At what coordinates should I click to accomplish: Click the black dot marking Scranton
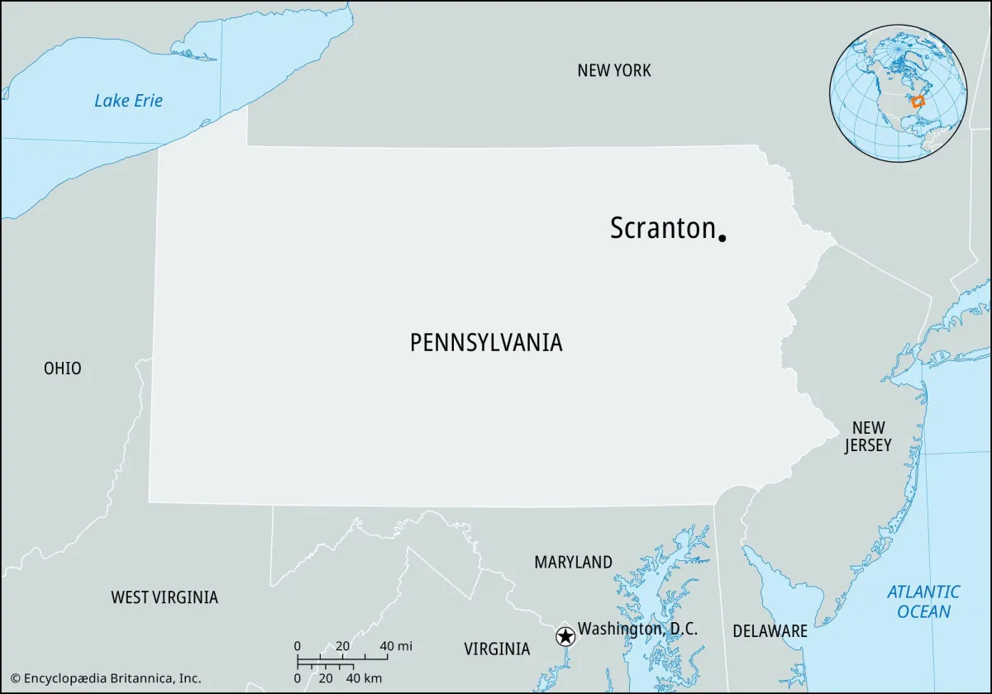tap(722, 238)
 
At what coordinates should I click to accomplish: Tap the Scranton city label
tap(662, 228)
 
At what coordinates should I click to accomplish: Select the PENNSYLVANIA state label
tap(486, 342)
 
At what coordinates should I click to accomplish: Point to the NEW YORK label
tap(614, 71)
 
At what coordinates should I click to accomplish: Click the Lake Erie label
tap(128, 101)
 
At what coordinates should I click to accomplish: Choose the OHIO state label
tap(63, 368)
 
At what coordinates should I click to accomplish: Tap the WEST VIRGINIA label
tap(165, 597)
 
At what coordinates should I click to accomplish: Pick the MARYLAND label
tap(573, 563)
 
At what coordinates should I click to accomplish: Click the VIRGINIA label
tap(497, 649)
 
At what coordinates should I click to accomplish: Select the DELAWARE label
tap(770, 631)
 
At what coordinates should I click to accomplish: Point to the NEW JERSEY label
tap(868, 436)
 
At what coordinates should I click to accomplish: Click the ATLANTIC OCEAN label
tap(923, 601)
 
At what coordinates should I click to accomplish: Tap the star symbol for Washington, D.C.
tap(565, 636)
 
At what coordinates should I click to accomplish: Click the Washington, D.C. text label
tap(637, 629)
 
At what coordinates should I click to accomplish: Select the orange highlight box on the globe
tap(917, 102)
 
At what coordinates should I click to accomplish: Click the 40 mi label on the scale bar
tap(395, 646)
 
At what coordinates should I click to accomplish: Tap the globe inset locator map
tap(899, 93)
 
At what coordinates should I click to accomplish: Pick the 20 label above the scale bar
tap(342, 646)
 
